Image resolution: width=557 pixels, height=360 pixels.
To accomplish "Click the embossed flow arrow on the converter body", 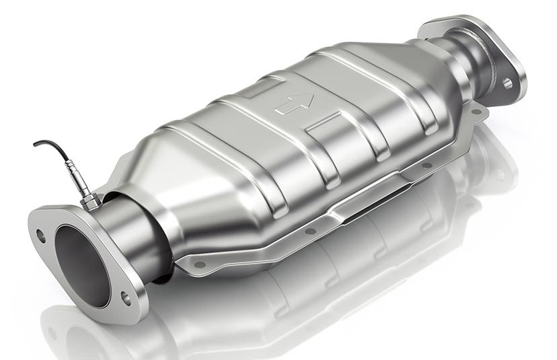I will tap(294, 103).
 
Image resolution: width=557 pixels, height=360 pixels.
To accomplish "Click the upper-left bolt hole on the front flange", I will tap(41, 236).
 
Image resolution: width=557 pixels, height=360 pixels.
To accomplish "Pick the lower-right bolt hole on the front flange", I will tap(126, 297).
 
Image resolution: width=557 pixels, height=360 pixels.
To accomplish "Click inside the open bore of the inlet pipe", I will tap(81, 266).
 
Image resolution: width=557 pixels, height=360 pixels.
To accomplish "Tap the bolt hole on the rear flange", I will tap(507, 83).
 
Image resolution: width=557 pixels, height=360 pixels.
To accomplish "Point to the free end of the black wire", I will tap(35, 144).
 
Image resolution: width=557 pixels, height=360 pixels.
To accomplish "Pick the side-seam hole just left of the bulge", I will tap(311, 231).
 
